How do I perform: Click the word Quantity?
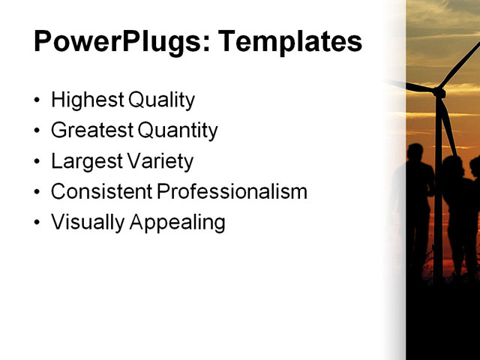click(178, 131)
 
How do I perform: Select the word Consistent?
click(101, 192)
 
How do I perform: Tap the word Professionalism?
click(232, 192)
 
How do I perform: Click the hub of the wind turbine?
click(439, 92)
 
